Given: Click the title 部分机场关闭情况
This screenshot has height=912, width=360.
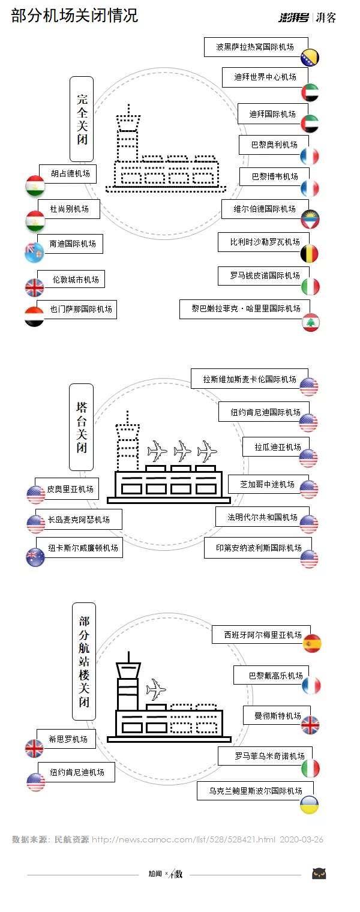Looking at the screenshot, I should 74,16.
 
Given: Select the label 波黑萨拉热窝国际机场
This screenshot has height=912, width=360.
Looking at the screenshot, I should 256,46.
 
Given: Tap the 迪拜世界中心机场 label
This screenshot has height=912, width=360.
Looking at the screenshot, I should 265,77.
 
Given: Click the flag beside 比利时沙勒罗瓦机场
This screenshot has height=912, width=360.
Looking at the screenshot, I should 310,254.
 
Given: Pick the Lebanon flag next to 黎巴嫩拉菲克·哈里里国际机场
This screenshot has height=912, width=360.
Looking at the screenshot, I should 311,322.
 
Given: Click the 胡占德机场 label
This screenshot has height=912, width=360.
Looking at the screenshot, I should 71,174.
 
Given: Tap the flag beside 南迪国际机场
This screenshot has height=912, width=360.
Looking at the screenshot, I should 34,253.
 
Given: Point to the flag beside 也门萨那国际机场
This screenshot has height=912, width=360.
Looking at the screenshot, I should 34,316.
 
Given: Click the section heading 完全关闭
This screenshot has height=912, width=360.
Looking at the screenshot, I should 82,119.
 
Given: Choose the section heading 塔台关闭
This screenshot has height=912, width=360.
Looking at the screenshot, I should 81,427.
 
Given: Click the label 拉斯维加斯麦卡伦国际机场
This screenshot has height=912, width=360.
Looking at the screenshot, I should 250,379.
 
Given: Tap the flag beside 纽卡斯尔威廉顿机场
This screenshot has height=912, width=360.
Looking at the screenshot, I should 35,557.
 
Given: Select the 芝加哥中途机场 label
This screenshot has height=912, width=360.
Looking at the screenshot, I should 267,484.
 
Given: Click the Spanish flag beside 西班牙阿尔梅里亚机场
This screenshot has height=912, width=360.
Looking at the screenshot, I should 312,643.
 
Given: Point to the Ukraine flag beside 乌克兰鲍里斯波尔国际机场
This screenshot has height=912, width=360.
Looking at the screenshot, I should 310,805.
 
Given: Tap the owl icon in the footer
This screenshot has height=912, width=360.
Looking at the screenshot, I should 319,874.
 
